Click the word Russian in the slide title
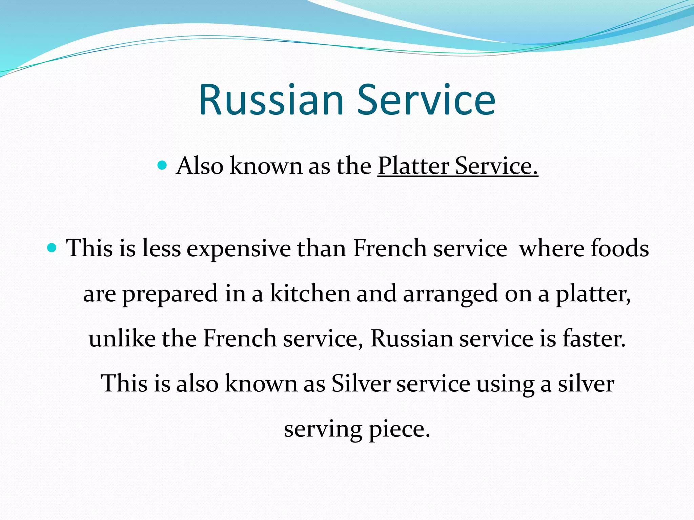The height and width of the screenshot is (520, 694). (x=271, y=100)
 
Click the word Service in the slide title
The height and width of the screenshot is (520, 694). (x=426, y=100)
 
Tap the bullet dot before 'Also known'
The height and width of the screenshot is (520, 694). (x=163, y=166)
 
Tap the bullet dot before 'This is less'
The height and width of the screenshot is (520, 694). (x=52, y=248)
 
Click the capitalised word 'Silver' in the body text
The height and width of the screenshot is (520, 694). (x=361, y=384)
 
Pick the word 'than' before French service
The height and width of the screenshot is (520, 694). (x=322, y=248)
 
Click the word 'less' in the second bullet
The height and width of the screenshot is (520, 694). (x=161, y=248)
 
